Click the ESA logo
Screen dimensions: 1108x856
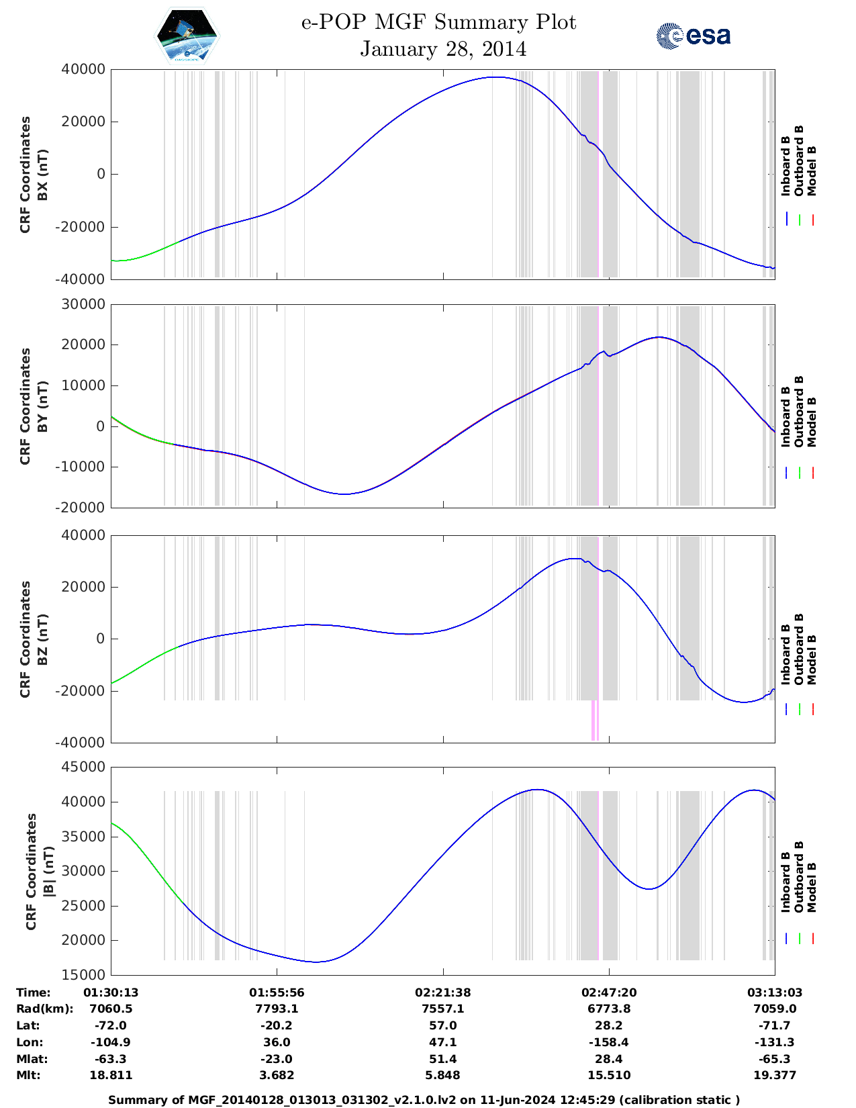point(693,36)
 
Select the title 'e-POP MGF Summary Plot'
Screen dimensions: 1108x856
point(438,22)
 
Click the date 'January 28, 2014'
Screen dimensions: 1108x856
point(443,49)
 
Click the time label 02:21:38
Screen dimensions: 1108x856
point(442,992)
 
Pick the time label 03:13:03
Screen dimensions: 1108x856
point(775,992)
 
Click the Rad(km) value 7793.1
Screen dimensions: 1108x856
point(277,1009)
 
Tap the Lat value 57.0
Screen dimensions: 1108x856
point(442,1025)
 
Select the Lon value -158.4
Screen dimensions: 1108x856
point(609,1042)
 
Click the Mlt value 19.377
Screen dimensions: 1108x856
point(775,1075)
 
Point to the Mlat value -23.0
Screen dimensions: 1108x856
point(277,1059)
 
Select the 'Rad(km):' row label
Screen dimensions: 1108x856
point(44,1009)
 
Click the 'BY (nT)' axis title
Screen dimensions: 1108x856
point(42,406)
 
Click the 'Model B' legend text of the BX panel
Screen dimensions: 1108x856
point(812,171)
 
